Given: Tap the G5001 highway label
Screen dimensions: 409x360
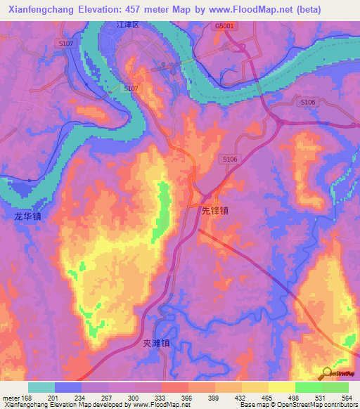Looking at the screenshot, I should [225, 26].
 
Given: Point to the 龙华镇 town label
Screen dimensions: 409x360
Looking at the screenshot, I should [27, 216].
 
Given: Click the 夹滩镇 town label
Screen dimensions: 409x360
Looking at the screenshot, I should [157, 344].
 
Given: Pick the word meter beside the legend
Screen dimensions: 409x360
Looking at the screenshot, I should [12, 397].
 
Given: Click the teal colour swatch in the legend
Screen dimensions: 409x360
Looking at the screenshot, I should [41, 387].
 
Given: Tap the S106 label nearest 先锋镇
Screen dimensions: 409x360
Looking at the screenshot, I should [231, 160].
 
